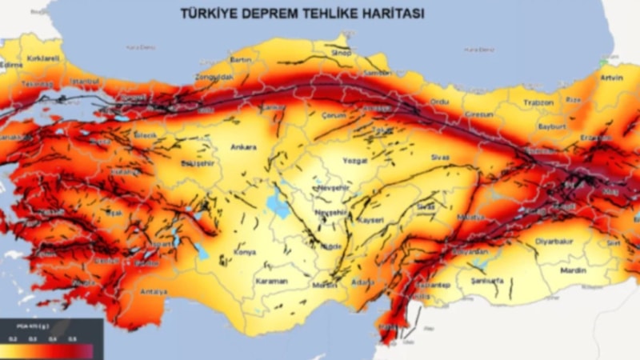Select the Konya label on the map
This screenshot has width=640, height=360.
click(x=243, y=252)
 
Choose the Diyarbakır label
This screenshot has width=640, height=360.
click(x=554, y=240)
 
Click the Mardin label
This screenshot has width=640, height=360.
click(x=574, y=270)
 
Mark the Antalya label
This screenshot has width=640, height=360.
click(x=153, y=291)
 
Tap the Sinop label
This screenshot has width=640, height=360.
click(x=341, y=52)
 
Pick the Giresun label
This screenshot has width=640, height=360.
click(x=478, y=114)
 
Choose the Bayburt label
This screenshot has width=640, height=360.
click(x=551, y=126)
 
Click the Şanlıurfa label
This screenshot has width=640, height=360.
click(x=487, y=282)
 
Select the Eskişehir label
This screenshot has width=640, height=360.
click(x=196, y=164)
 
